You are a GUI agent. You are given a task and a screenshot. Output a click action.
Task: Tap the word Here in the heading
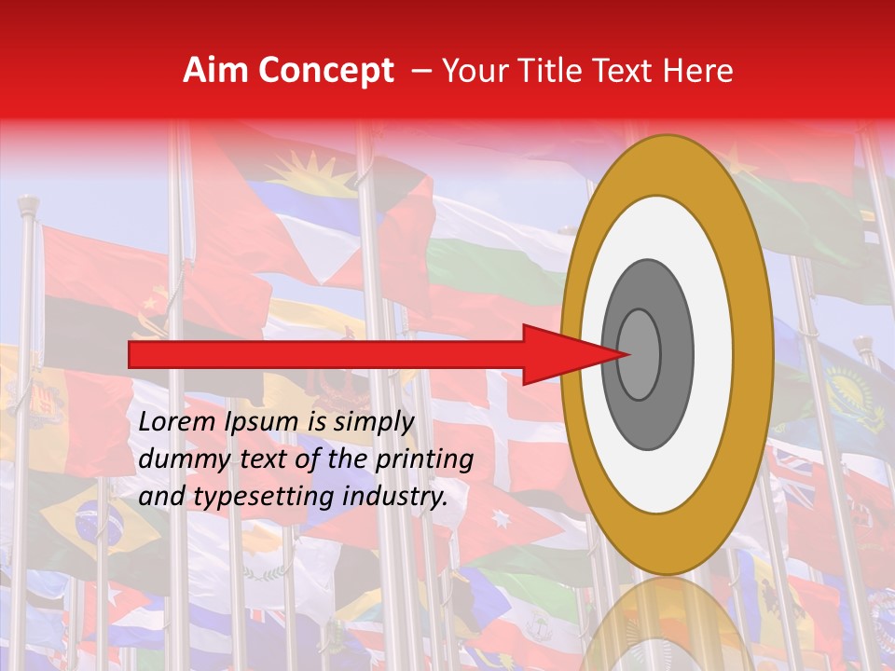tap(699, 71)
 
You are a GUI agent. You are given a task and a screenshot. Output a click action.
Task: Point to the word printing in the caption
tap(424, 460)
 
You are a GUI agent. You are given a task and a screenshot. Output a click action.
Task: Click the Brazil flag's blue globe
tap(97, 517)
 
